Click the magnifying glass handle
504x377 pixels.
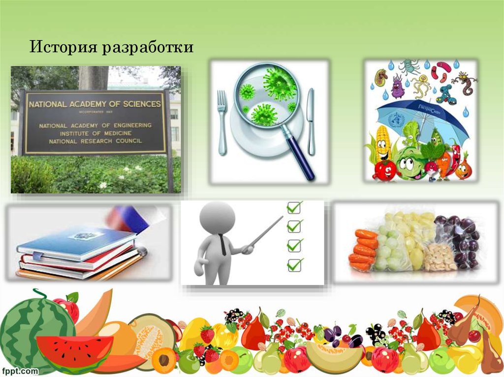(x=301, y=157)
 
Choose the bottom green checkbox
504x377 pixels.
(x=294, y=264)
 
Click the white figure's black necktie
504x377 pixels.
(x=222, y=244)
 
